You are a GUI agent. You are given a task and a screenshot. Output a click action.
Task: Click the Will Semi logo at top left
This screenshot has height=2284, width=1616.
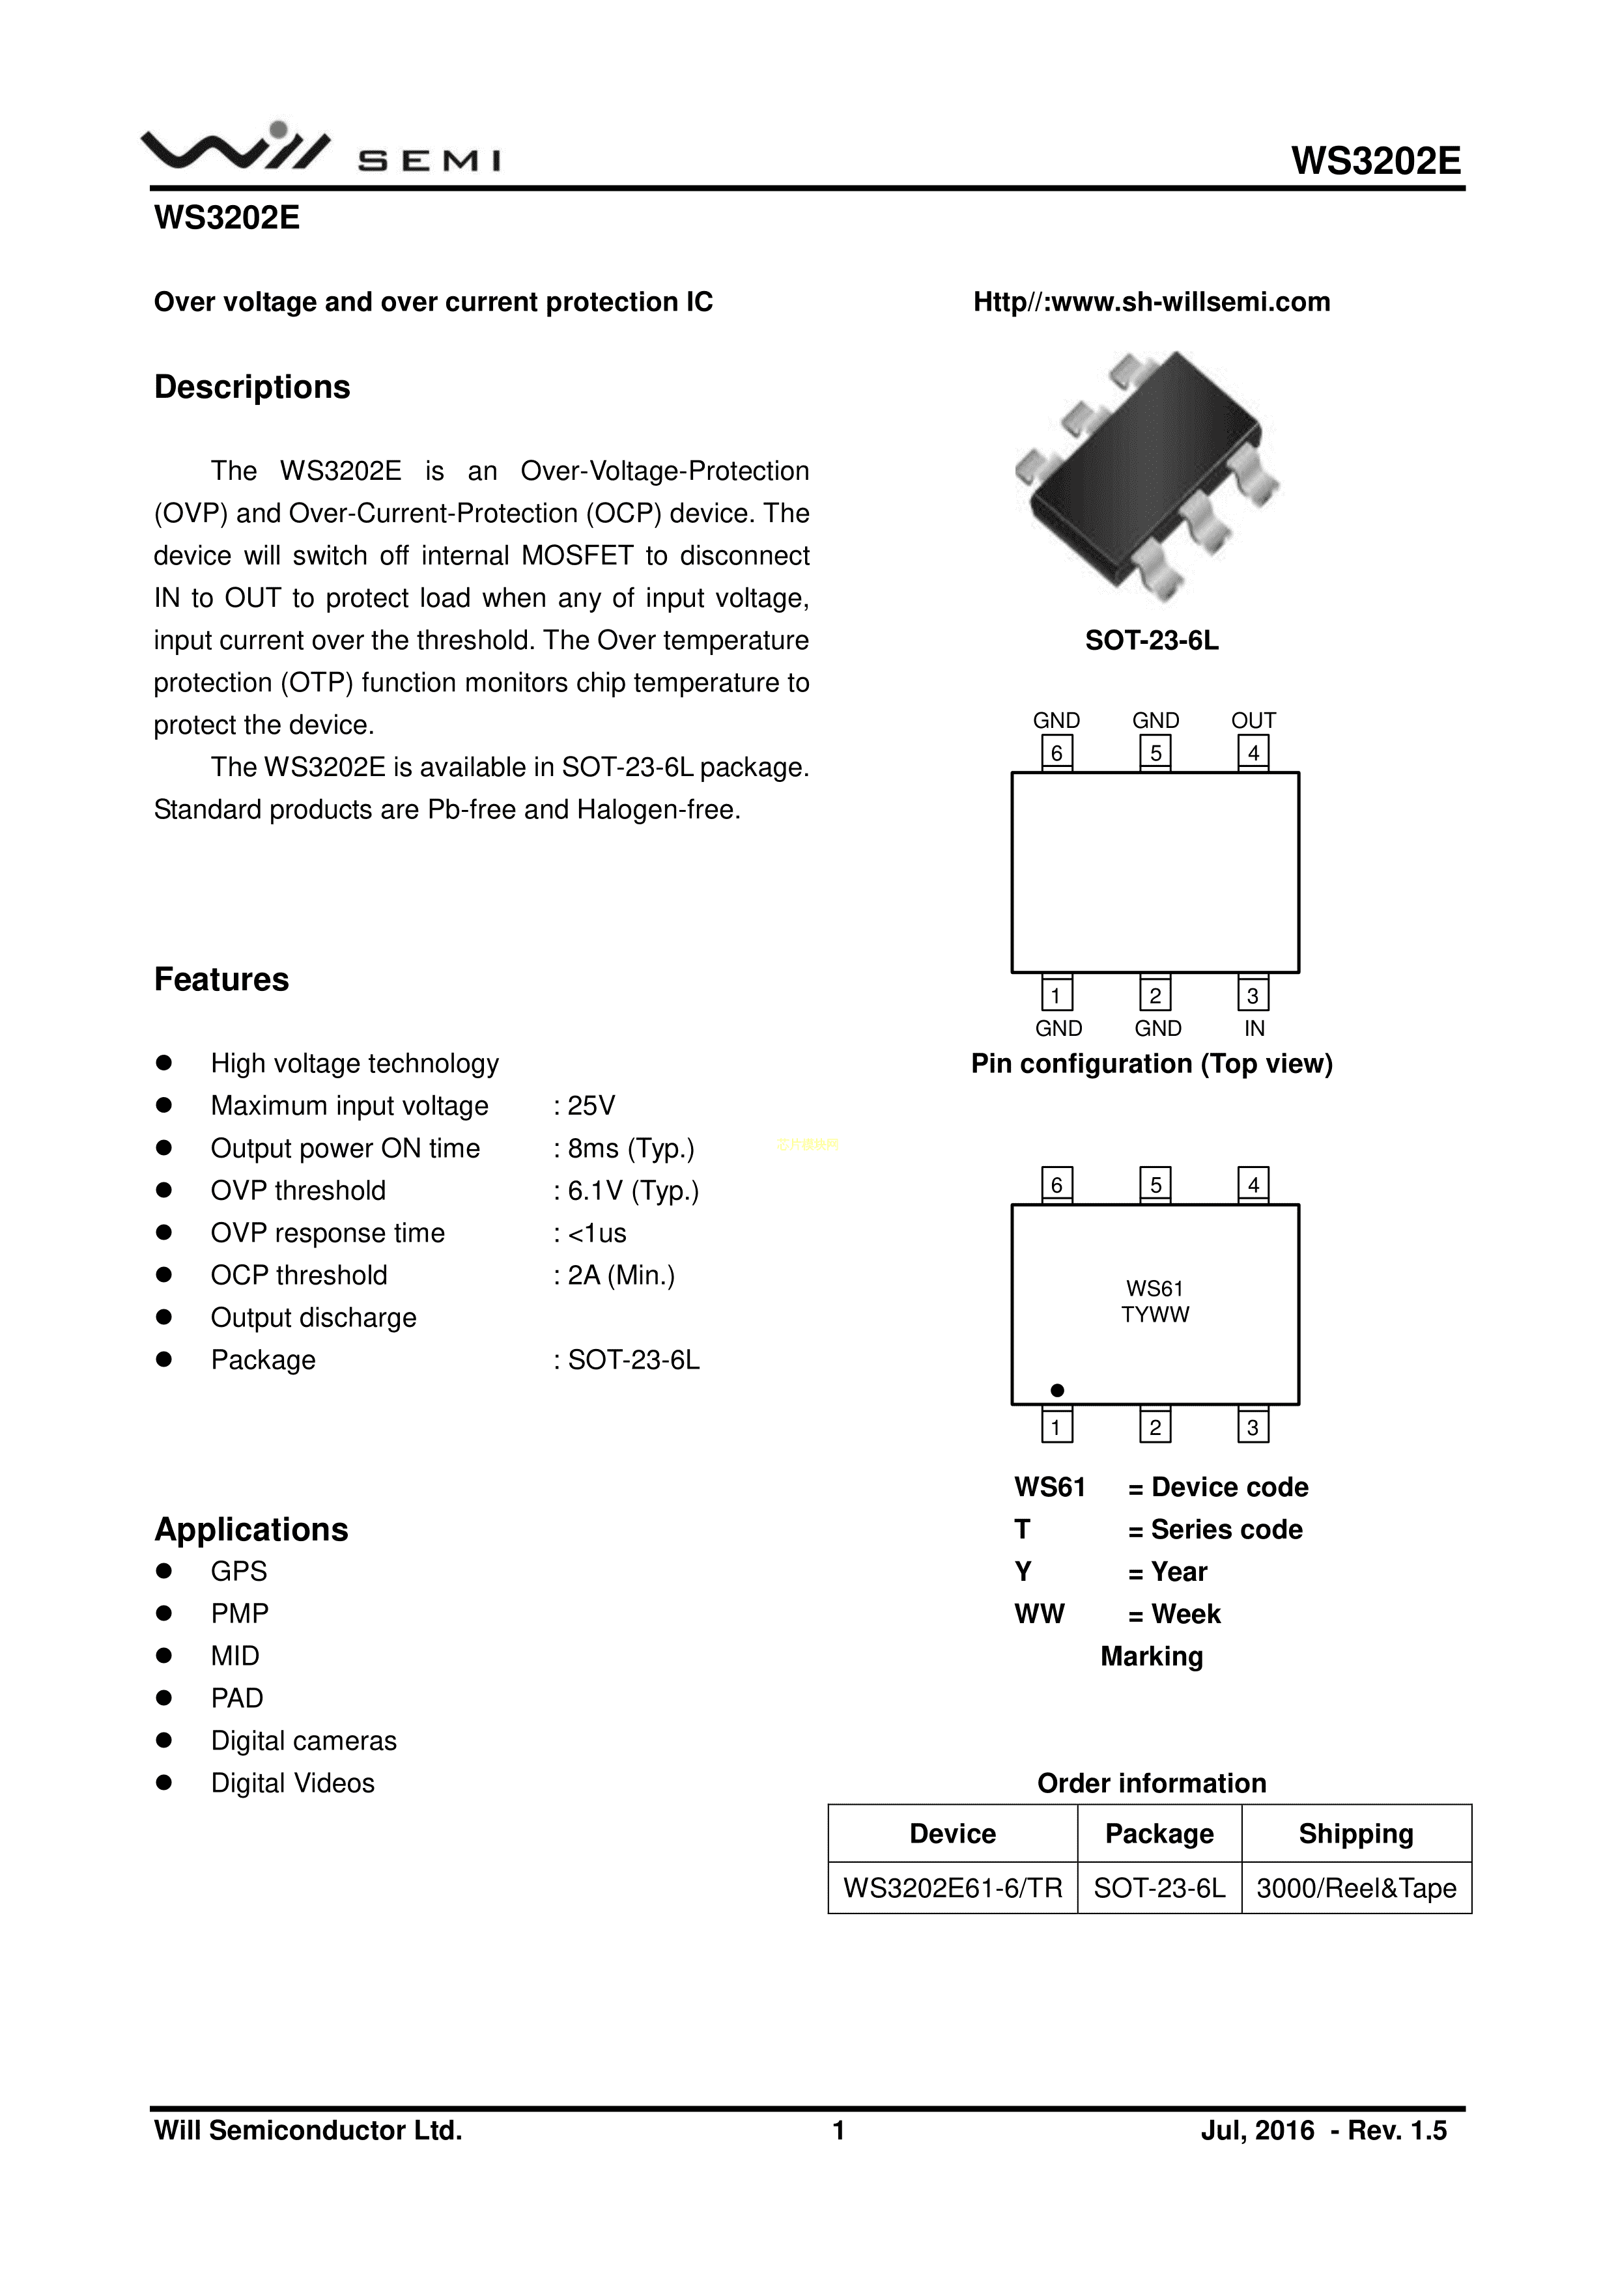click(x=320, y=149)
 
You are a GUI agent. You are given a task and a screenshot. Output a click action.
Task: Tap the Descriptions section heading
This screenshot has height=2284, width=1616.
click(x=252, y=387)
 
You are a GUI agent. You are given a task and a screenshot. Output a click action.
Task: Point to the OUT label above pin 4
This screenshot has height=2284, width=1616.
click(x=1253, y=720)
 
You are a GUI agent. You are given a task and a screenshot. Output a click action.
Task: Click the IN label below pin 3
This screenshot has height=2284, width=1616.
click(x=1254, y=1029)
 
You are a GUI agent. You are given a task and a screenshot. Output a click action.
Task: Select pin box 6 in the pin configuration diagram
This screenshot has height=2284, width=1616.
click(x=1056, y=753)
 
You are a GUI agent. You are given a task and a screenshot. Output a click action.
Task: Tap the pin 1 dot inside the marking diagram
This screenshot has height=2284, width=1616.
click(x=1058, y=1389)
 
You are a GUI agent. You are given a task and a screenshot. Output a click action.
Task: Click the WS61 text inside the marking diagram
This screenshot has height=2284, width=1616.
click(x=1154, y=1289)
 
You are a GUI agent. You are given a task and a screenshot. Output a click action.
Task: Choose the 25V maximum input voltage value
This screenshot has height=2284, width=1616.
click(x=591, y=1106)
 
